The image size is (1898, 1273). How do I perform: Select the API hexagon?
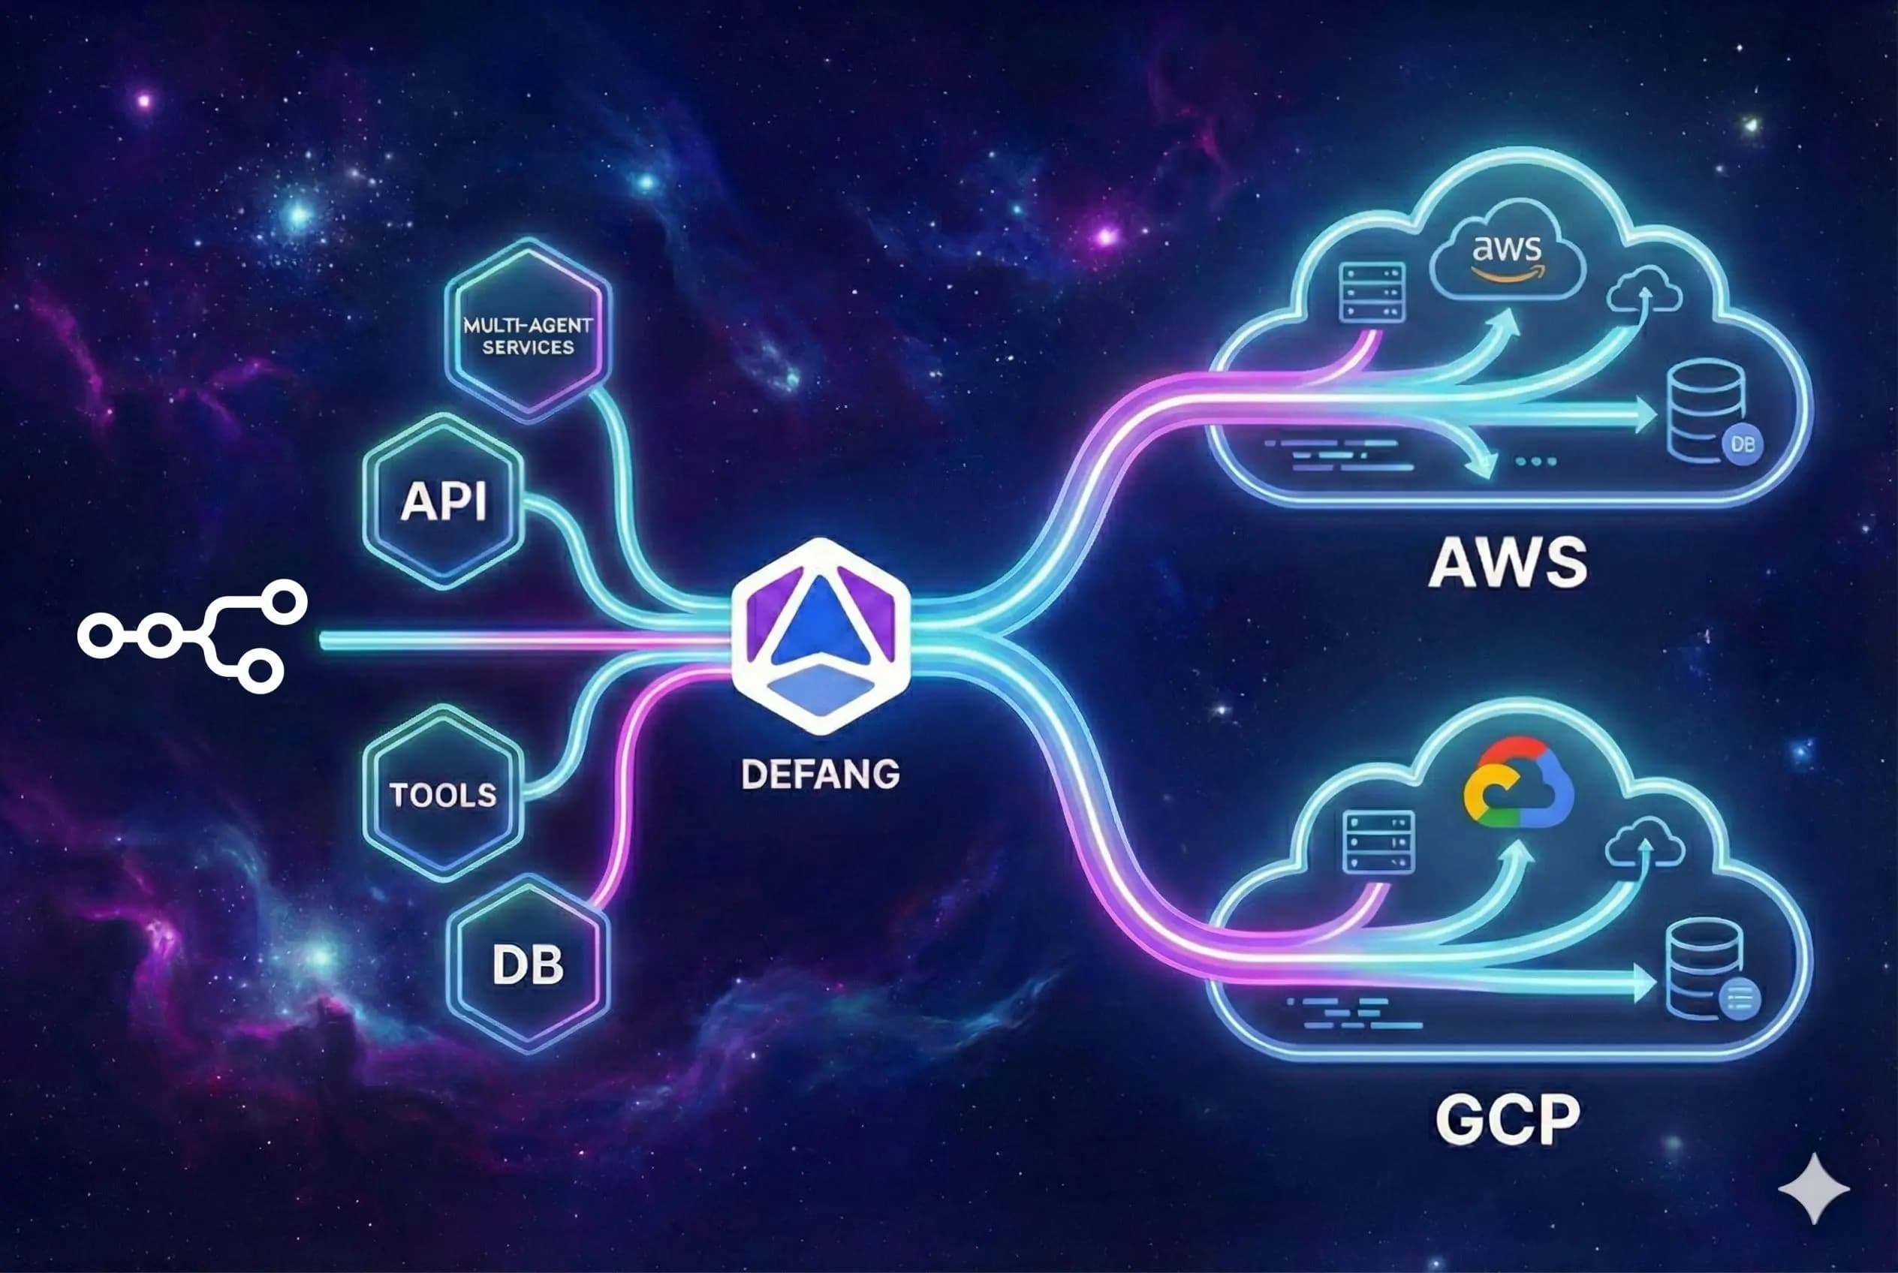pos(444,501)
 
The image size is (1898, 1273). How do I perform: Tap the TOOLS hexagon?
pos(443,794)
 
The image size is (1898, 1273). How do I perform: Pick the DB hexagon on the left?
pos(528,965)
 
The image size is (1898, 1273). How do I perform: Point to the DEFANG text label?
pos(821,774)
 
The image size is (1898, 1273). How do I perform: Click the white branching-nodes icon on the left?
pos(191,636)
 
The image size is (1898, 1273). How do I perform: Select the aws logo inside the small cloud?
pos(1507,258)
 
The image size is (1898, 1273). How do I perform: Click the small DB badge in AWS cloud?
pos(1742,445)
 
